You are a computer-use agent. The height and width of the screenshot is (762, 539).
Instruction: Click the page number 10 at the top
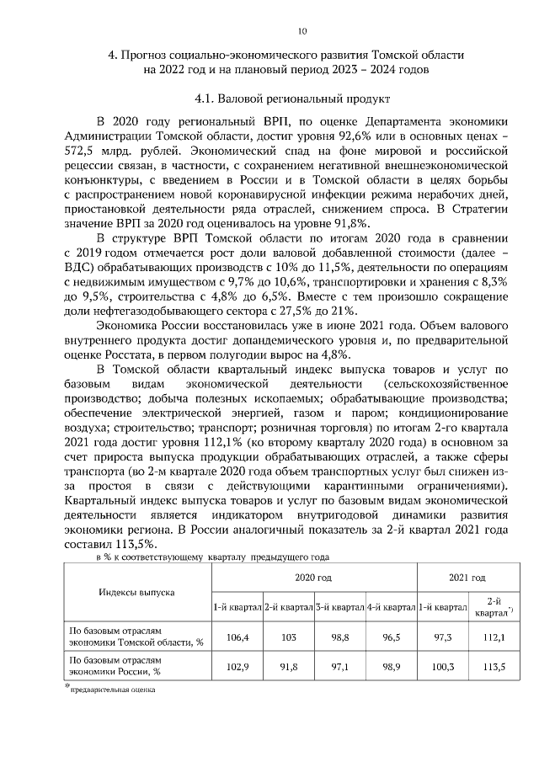(277, 32)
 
